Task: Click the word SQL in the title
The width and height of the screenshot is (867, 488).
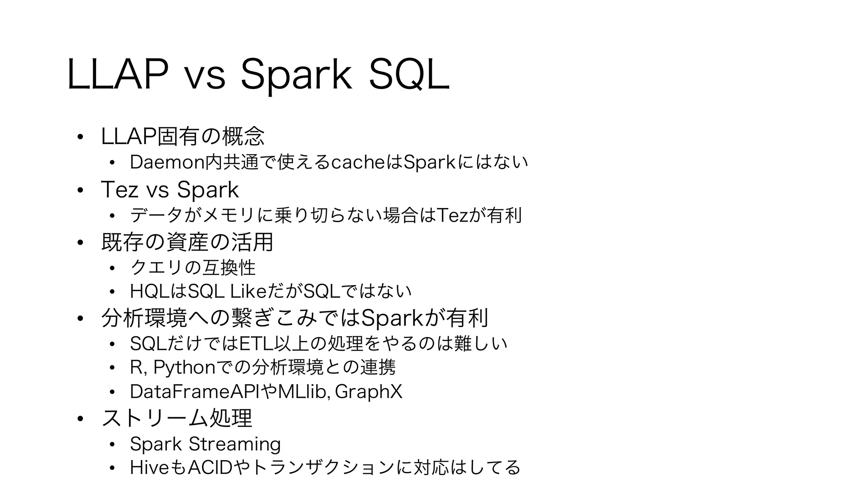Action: [x=409, y=75]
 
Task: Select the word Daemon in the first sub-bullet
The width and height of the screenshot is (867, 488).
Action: [x=166, y=162]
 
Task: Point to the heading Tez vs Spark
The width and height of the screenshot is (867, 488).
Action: [x=170, y=190]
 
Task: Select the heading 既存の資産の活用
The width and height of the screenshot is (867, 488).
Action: [x=187, y=242]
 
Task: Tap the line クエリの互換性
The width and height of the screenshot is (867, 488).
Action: [x=193, y=267]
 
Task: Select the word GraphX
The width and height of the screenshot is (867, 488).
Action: [x=368, y=391]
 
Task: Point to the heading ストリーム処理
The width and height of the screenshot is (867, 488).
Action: [x=177, y=418]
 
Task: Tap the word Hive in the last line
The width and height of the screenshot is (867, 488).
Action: [x=149, y=468]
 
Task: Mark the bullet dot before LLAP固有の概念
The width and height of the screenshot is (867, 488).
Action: [x=80, y=137]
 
